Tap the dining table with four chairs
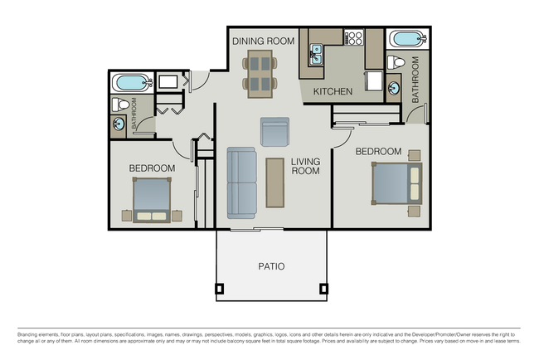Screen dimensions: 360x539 point(260,72)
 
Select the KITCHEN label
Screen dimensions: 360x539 point(333,91)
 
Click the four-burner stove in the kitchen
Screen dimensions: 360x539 point(354,38)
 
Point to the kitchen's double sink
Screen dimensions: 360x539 point(316,56)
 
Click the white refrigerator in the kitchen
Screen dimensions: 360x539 point(373,82)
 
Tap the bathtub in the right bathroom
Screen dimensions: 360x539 point(406,39)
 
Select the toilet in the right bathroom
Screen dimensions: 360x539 point(398,62)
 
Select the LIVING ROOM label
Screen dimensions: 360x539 point(305,166)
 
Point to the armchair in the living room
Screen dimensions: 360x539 point(274,131)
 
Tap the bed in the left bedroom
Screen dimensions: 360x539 point(152,199)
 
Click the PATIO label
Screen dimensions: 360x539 point(270,266)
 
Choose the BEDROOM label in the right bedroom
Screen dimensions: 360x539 point(378,152)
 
